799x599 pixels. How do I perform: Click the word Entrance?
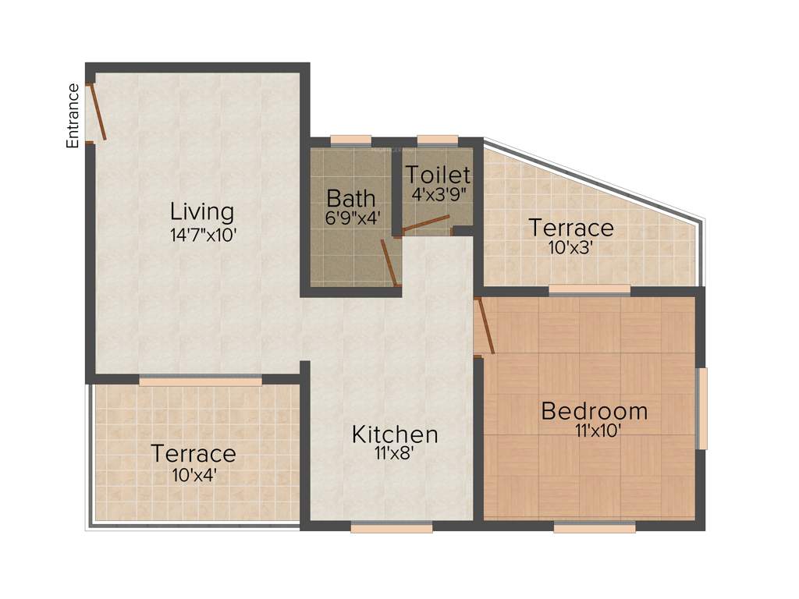point(73,115)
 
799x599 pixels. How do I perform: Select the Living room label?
point(202,211)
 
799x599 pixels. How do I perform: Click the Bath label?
point(351,198)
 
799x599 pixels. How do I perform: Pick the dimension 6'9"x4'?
point(352,218)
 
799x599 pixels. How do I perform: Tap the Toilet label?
point(438,175)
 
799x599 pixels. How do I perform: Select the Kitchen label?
point(395,434)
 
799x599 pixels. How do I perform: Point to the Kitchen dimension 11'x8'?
point(395,455)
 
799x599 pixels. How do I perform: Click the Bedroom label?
point(595,410)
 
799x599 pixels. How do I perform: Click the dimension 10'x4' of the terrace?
point(194,473)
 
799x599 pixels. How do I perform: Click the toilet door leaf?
point(426,224)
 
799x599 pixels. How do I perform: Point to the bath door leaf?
point(389,263)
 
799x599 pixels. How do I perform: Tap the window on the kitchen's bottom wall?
point(391,528)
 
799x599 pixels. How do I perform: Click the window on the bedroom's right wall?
point(702,409)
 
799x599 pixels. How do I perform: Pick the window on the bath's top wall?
point(350,140)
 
